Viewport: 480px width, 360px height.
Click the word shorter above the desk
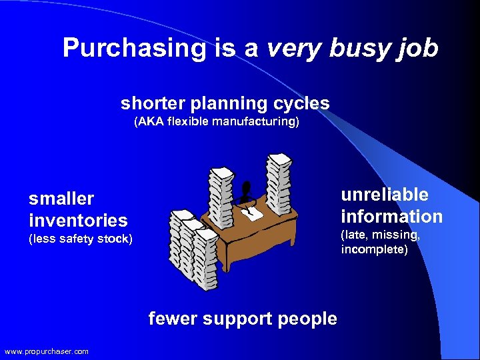point(153,103)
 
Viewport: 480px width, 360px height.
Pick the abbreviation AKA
point(149,122)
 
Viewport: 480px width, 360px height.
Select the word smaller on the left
point(61,199)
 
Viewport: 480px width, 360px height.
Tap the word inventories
point(78,220)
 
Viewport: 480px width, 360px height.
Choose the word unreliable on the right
point(385,195)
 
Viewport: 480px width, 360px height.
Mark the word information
point(391,217)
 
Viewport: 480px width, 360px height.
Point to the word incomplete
point(373,249)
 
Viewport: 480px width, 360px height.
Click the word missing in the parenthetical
point(399,235)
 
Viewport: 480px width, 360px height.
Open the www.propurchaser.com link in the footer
point(46,351)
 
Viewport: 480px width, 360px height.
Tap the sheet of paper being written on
point(253,213)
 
